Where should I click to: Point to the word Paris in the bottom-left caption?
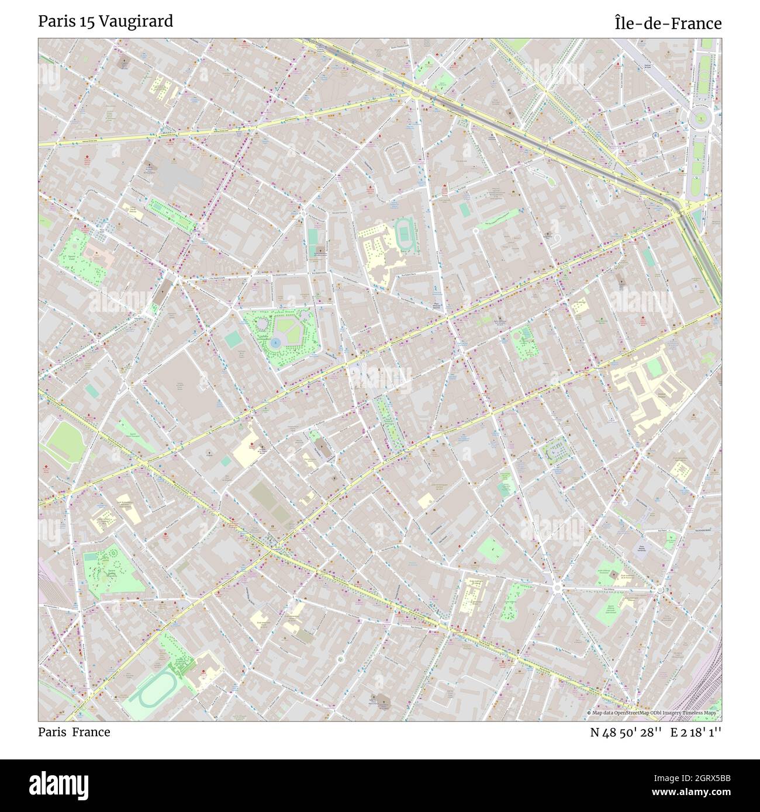52,732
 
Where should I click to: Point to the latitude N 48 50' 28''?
626,732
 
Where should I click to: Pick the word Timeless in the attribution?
685,713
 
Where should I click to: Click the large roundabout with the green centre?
699,120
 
